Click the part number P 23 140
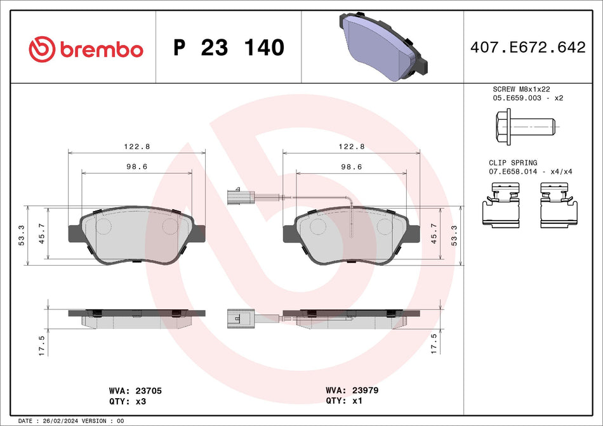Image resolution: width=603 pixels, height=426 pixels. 229,48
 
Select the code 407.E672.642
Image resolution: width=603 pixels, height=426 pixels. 527,48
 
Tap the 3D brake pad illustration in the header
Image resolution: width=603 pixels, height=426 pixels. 381,44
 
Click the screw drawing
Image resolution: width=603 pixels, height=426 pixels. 524,126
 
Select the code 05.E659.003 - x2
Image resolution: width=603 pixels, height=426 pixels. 526,98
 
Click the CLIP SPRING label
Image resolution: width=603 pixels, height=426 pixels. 513,163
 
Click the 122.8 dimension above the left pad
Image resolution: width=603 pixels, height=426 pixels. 136,146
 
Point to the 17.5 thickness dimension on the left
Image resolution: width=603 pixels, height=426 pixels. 42,345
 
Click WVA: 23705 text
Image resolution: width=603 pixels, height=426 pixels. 136,391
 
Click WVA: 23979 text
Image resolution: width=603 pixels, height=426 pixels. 352,391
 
